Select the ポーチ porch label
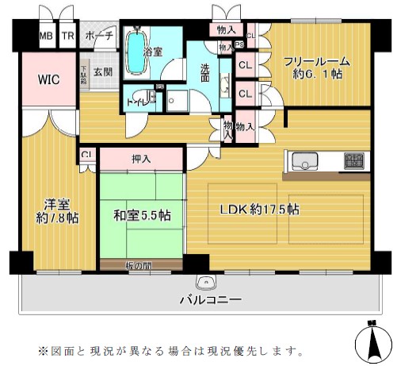click(x=97, y=37)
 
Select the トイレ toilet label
click(x=137, y=102)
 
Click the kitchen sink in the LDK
click(x=304, y=161)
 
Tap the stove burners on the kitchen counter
click(x=353, y=161)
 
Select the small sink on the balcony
click(x=207, y=283)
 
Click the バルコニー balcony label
click(x=209, y=299)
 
